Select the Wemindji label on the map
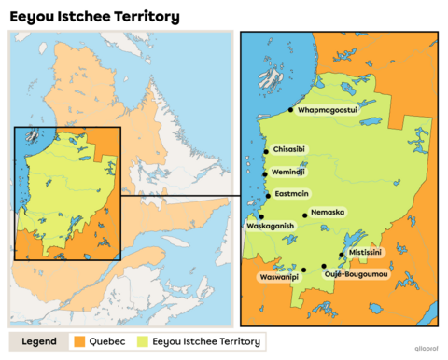pyautogui.click(x=290, y=173)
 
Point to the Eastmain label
pyautogui.click(x=290, y=194)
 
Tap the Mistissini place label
pyautogui.click(x=365, y=252)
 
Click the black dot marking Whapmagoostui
pyautogui.click(x=290, y=110)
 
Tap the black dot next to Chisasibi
pyautogui.click(x=266, y=151)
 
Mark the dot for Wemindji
pyautogui.click(x=266, y=173)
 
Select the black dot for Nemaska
pyautogui.click(x=305, y=215)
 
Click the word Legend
pyautogui.click(x=40, y=341)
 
